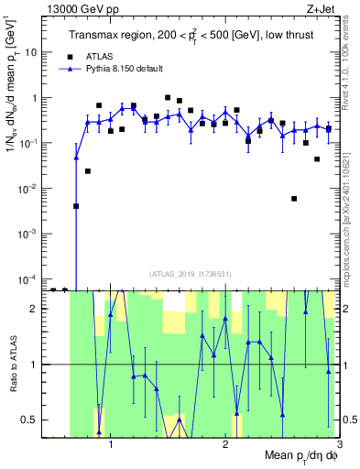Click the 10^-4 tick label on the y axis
click(30, 278)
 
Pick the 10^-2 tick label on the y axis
click(30, 188)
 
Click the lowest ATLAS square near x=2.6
click(294, 198)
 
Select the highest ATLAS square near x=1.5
click(168, 97)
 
